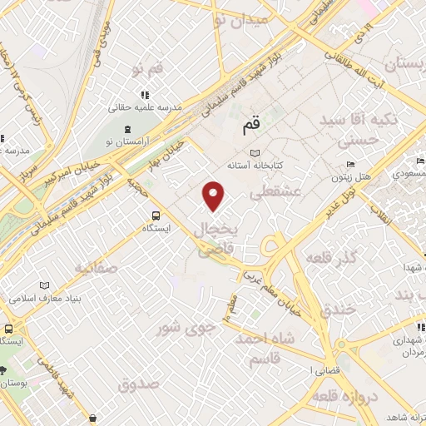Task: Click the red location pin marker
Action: (215, 196)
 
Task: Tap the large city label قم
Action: (250, 126)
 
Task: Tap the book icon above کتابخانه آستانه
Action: (255, 153)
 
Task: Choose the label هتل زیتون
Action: (351, 177)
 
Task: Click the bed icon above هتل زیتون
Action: (352, 163)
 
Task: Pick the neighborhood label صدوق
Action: (138, 384)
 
